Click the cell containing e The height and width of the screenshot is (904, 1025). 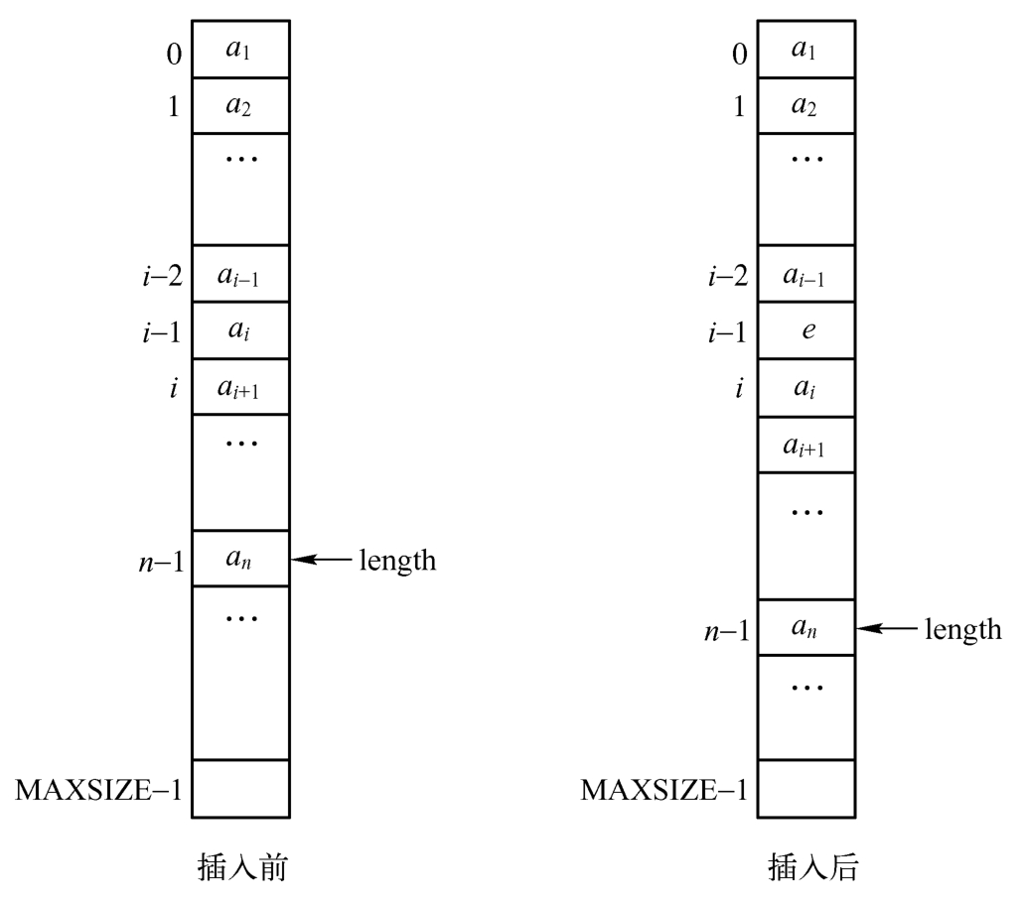(806, 330)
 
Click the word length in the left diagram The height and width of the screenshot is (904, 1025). (396, 560)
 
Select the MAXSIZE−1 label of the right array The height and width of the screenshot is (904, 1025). (664, 790)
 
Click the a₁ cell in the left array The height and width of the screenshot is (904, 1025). (240, 48)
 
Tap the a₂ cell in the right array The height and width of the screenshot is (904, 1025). (806, 105)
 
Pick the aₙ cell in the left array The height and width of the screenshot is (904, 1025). (240, 558)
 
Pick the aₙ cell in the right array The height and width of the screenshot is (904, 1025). (806, 627)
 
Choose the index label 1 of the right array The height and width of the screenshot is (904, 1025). (739, 105)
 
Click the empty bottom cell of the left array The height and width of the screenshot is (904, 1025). (240, 789)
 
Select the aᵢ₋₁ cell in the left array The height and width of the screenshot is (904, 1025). (240, 274)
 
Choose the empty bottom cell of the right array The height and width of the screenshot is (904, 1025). (806, 789)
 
